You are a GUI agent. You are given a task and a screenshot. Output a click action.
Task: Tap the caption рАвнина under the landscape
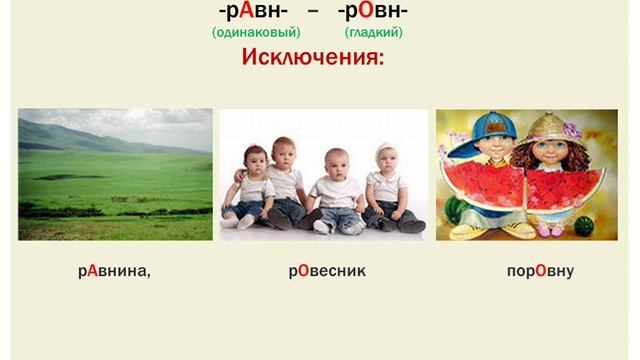coord(114,271)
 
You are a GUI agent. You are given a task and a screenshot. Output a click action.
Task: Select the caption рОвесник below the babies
coord(327,271)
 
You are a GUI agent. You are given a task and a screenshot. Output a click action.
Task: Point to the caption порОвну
coord(540,271)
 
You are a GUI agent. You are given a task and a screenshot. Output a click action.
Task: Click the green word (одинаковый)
coord(256,32)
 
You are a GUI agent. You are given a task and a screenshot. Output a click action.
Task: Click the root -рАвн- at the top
coord(254,12)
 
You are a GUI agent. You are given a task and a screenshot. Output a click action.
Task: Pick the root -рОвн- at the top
coord(372,12)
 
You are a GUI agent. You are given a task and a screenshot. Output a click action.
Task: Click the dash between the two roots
coord(312,12)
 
